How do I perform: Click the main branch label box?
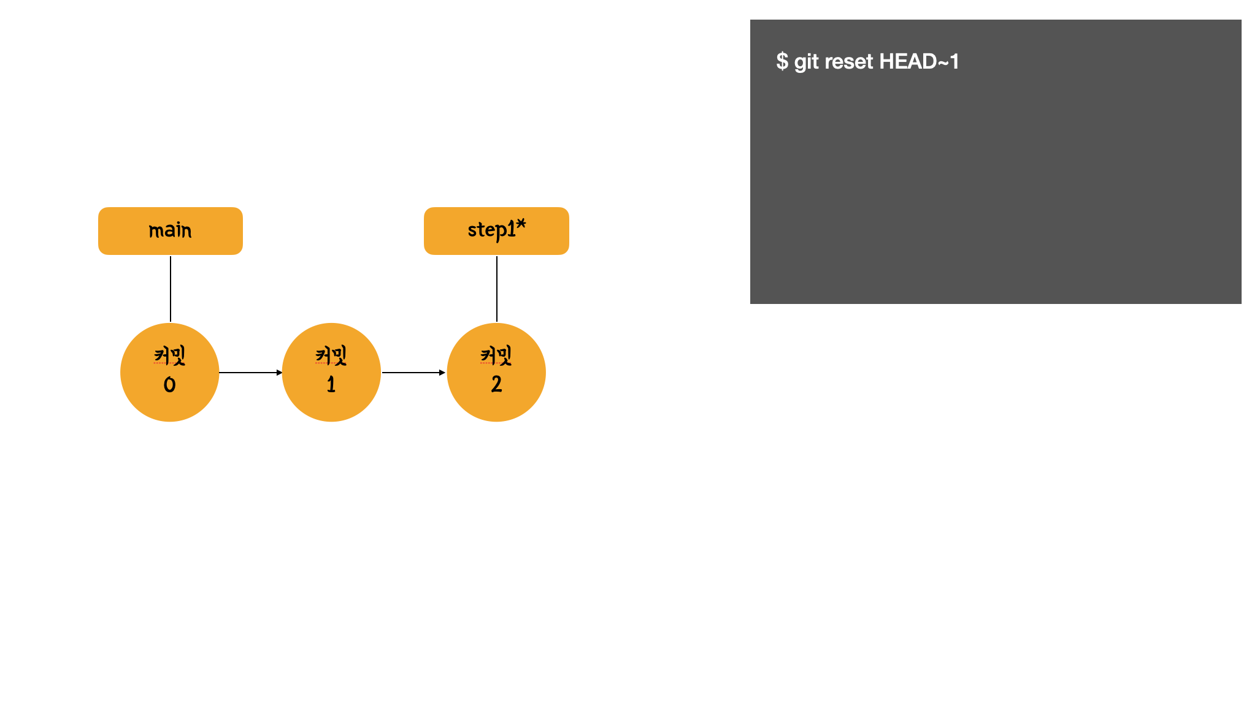pos(171,231)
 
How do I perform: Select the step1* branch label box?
pos(496,231)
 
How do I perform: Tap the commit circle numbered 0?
pos(170,372)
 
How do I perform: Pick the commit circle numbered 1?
pos(331,372)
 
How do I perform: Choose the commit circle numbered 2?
pos(496,372)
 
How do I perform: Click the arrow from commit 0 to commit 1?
pos(251,372)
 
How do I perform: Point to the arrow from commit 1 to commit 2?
pos(413,372)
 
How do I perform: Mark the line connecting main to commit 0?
pos(171,289)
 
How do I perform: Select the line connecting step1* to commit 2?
pos(497,289)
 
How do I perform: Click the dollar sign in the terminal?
pos(782,61)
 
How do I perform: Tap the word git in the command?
pos(807,62)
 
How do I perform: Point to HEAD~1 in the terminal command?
pos(919,61)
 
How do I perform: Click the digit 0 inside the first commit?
pos(170,385)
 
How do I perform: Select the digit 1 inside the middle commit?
pos(331,384)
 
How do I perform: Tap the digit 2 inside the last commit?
pos(496,384)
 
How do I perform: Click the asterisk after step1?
pos(521,225)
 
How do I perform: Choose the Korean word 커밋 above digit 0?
pos(170,355)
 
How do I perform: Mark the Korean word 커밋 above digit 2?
pos(496,355)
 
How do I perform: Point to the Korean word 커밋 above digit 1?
pos(331,355)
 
